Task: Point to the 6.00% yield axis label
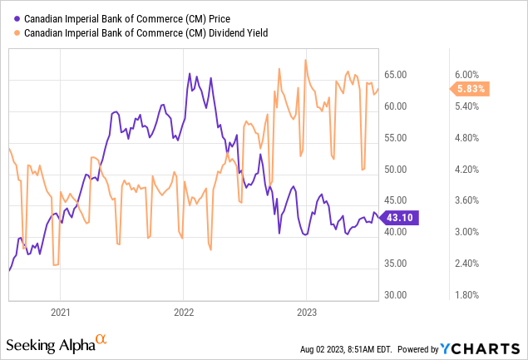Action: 467,75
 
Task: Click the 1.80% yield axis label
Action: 467,295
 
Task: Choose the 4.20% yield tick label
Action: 467,170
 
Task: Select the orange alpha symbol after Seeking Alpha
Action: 101,339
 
